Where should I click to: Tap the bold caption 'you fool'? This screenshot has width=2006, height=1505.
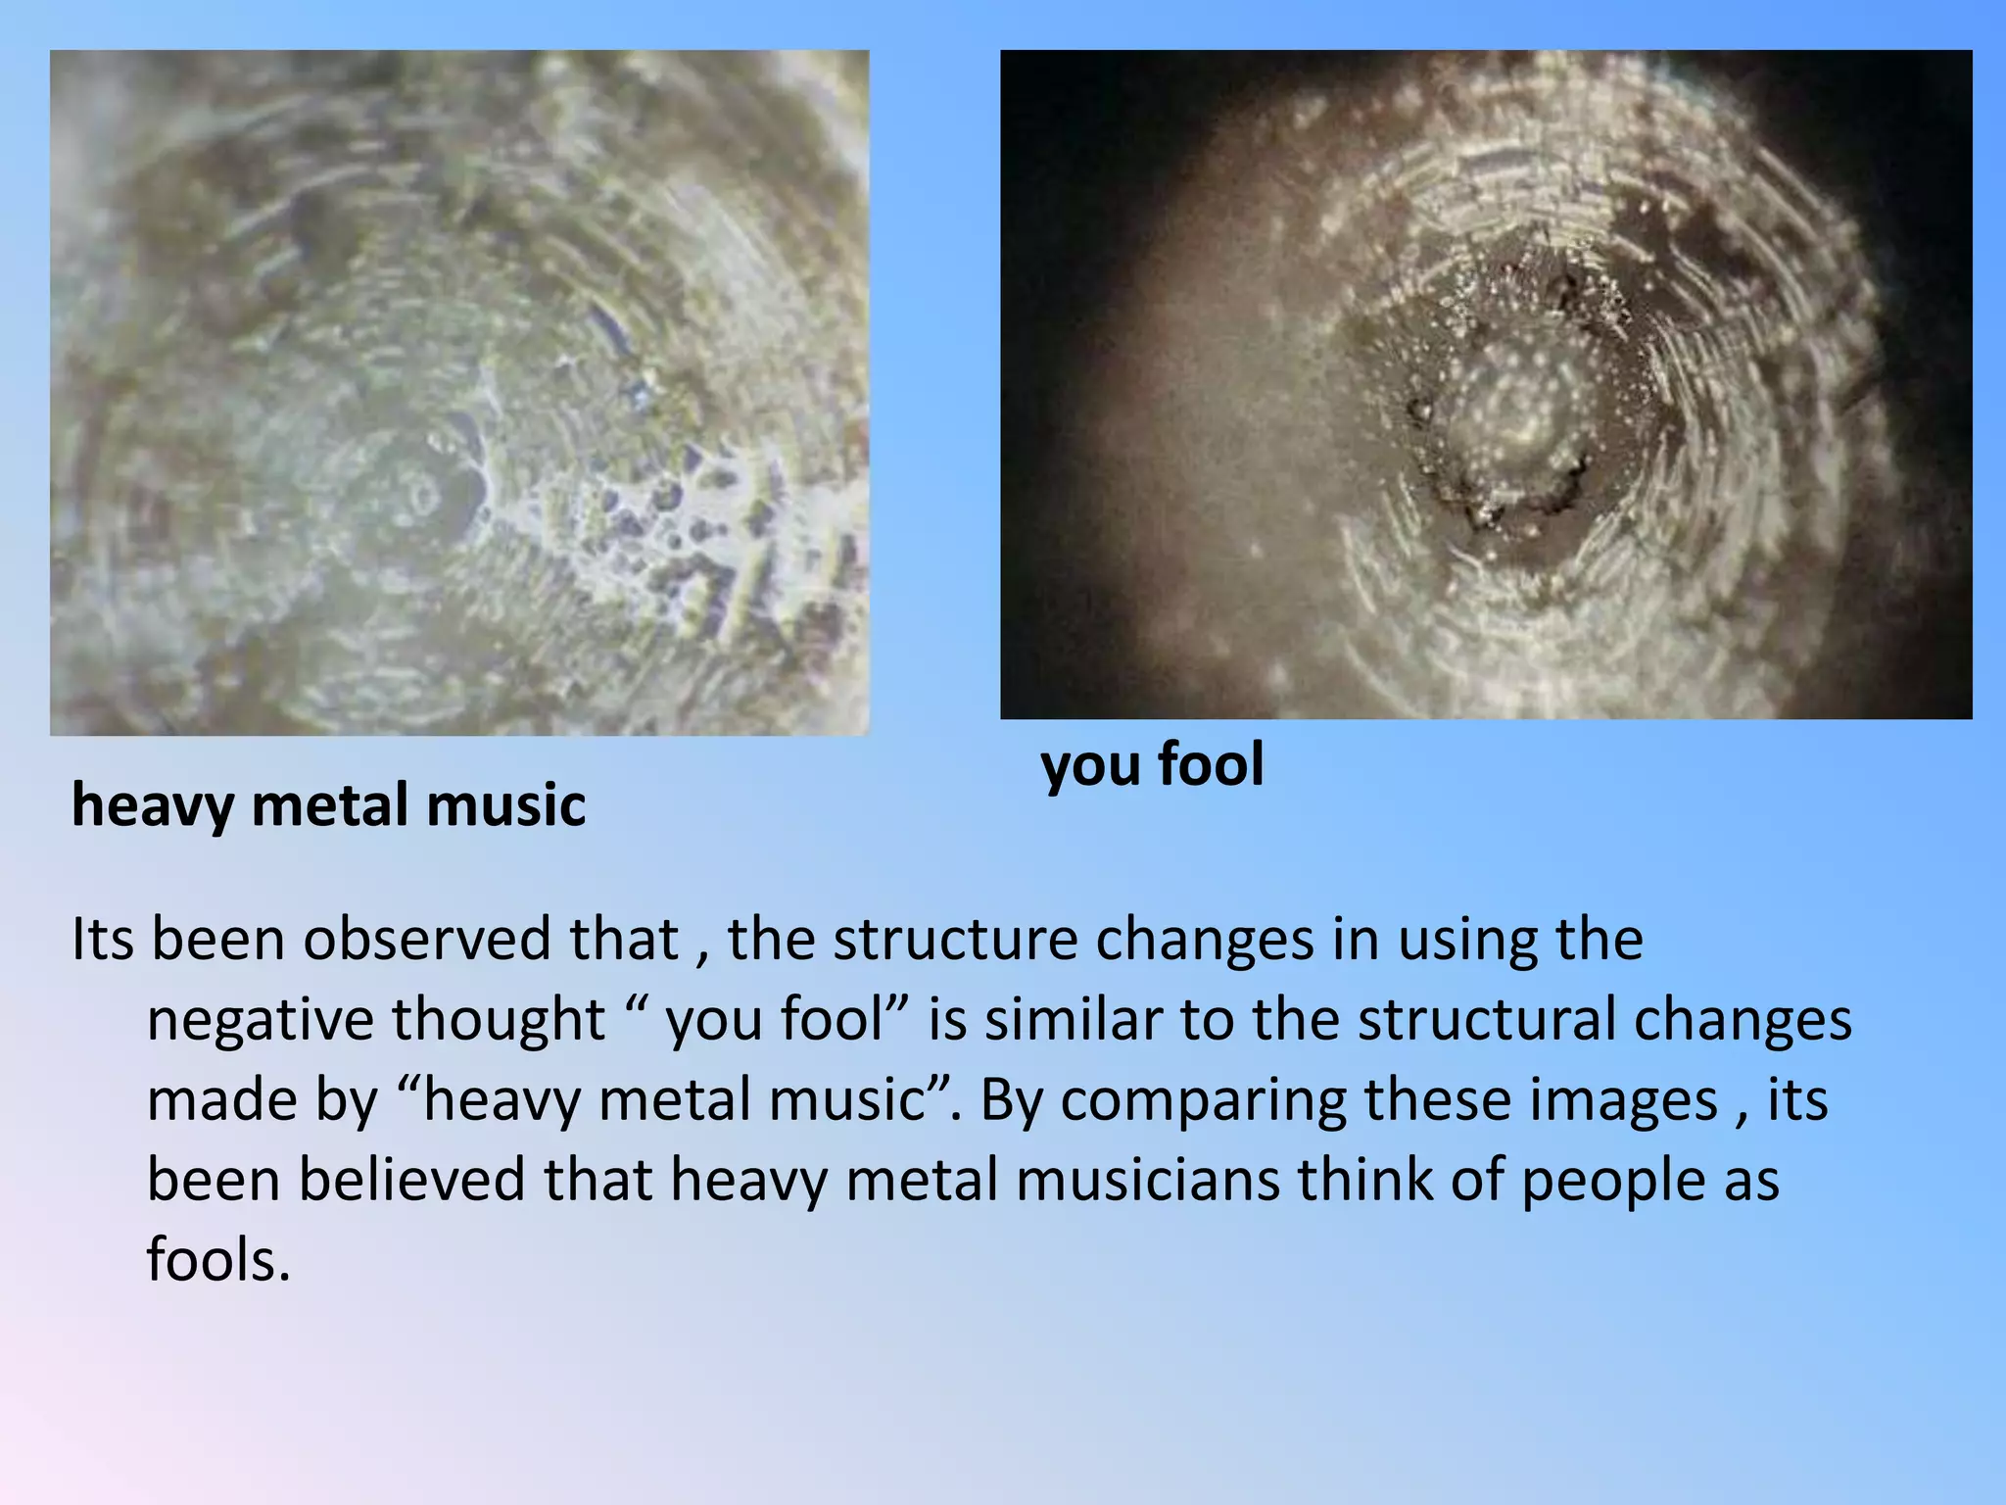1152,764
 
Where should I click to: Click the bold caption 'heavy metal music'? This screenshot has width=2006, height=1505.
329,805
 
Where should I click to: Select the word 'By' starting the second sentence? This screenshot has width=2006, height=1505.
1011,1099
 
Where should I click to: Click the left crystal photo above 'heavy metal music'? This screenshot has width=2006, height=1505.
459,392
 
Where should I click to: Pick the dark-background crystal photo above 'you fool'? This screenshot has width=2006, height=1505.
1486,384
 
